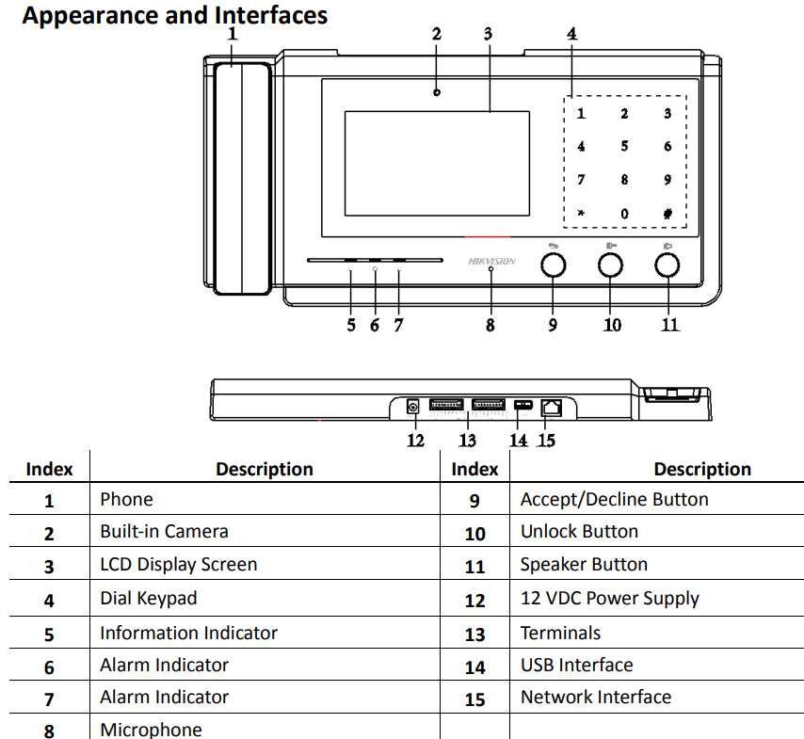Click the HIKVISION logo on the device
491,261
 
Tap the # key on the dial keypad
667,213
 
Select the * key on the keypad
581,213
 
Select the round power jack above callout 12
412,407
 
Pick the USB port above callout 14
523,406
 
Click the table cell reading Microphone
152,730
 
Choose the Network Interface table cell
596,698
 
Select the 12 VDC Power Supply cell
609,599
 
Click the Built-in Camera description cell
165,532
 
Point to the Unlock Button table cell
579,532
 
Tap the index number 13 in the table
474,635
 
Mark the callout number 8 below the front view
490,326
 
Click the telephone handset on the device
241,179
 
